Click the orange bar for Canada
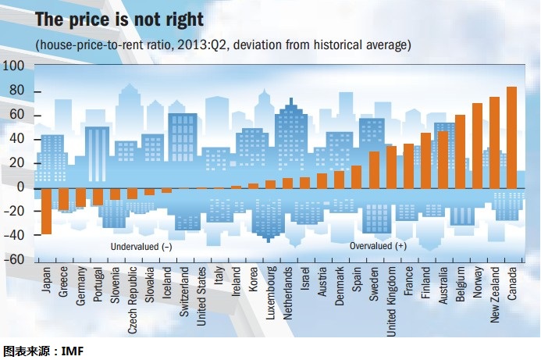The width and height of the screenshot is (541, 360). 511,137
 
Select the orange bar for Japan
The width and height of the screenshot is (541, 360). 46,211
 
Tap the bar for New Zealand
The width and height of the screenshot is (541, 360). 494,142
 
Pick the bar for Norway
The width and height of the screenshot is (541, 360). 477,145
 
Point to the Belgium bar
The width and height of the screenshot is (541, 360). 460,151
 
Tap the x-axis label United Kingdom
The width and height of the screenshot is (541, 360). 391,301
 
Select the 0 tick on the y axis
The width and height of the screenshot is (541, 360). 21,187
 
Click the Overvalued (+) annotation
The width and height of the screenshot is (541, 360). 378,246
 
